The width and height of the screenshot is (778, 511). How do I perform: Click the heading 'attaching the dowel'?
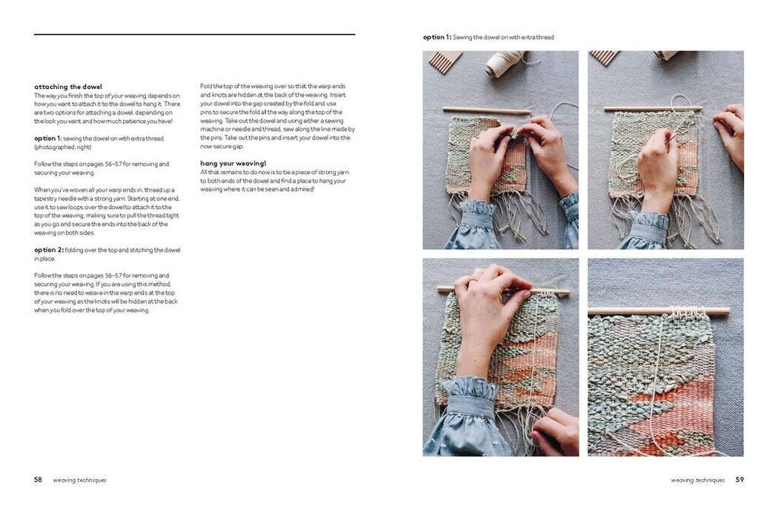click(68, 87)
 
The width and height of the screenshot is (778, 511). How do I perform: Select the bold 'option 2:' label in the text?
click(50, 249)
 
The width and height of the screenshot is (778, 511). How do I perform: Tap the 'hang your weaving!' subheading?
click(233, 163)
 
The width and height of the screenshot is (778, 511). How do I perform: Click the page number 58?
click(38, 480)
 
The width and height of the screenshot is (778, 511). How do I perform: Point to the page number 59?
click(739, 480)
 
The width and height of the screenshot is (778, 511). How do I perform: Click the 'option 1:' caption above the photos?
click(437, 36)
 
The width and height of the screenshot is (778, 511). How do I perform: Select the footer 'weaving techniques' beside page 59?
click(697, 481)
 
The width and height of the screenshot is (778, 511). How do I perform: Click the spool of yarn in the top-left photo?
click(504, 64)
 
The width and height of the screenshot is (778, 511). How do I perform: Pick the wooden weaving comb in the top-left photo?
click(444, 61)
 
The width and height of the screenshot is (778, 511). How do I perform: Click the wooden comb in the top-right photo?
click(605, 58)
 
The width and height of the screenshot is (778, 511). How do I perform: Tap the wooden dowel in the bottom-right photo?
click(658, 311)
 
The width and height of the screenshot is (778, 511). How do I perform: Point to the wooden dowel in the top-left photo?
click(486, 111)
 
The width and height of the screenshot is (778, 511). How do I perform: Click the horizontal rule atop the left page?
click(194, 34)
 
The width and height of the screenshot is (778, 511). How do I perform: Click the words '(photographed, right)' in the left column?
click(61, 147)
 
